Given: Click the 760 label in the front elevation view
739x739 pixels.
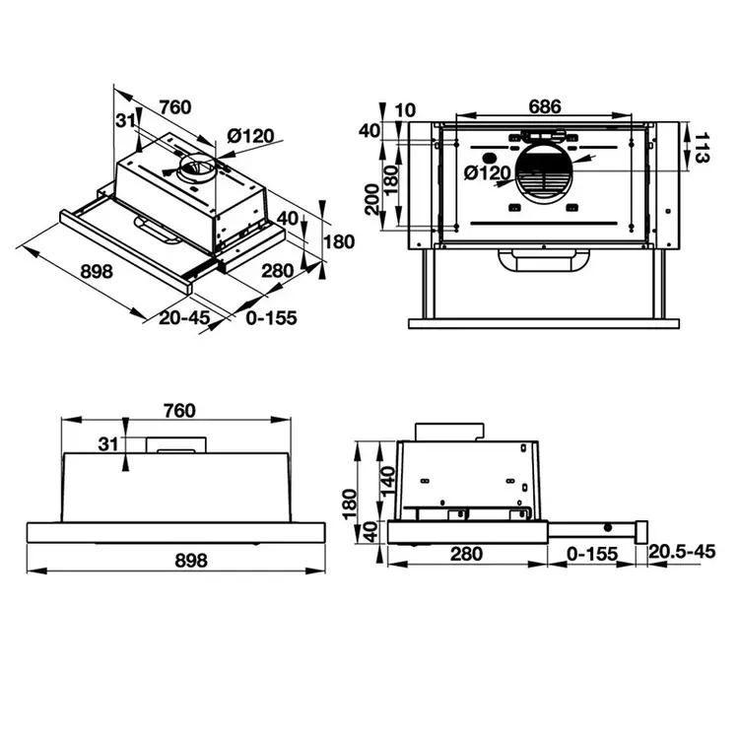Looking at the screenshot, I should pos(177,410).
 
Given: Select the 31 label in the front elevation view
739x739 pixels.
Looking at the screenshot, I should pos(108,445).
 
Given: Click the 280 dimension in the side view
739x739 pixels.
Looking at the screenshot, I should pos(466,554).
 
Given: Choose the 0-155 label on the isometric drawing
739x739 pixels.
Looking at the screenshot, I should pos(269,317).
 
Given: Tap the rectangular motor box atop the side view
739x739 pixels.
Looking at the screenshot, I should pos(451,431).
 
